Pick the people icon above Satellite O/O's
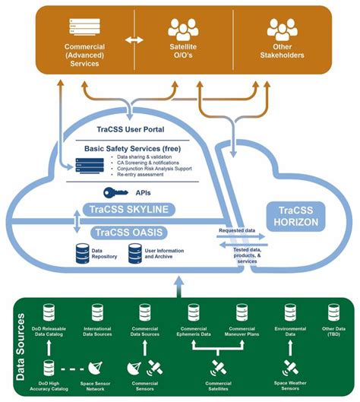coord(182,29)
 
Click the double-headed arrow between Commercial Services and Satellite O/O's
coord(134,39)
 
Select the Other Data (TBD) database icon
coord(331,312)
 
